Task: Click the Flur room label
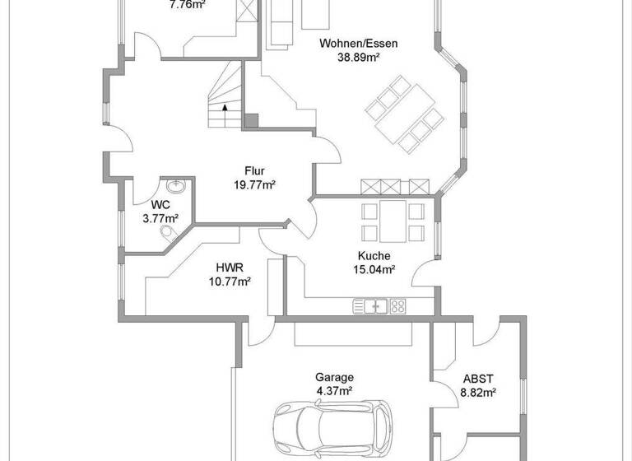tap(254, 172)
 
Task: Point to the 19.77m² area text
tap(254, 185)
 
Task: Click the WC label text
tap(160, 205)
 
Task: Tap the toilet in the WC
tap(170, 235)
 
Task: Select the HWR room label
tap(230, 268)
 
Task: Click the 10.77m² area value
tap(230, 281)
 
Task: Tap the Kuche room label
tap(374, 256)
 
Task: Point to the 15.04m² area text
tap(374, 269)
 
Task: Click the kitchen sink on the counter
tap(371, 306)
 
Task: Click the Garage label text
tap(335, 378)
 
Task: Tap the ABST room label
tap(478, 379)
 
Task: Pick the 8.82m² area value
tap(478, 393)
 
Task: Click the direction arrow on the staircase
tap(225, 107)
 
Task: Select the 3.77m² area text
tap(160, 218)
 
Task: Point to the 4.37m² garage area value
tap(335, 391)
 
